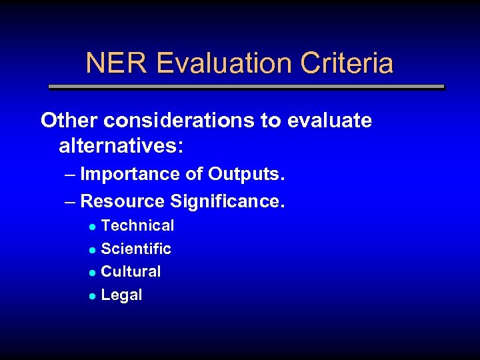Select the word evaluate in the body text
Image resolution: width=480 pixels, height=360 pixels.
pos(329,121)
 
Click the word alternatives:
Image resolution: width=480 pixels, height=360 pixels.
pos(121,145)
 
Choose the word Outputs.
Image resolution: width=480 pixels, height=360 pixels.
pos(247,175)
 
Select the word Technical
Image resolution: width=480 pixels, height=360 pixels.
pos(137,226)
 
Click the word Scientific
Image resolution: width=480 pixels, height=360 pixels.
pos(136,249)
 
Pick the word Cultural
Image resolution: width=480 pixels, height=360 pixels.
pos(131,272)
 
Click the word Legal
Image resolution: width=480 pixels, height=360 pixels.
pos(121,295)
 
